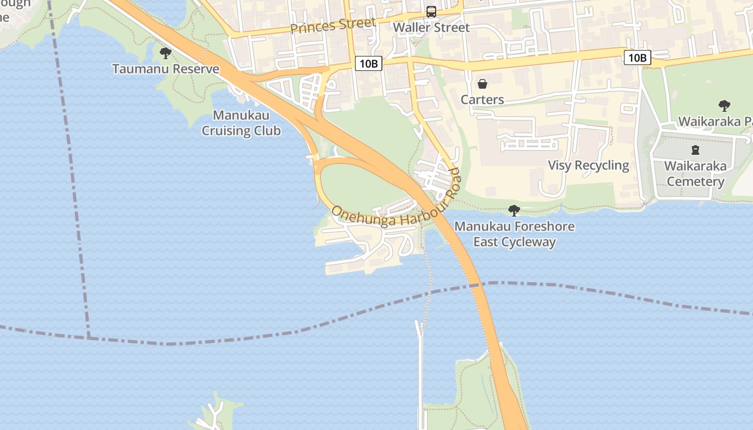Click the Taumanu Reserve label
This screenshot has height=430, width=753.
tap(166, 69)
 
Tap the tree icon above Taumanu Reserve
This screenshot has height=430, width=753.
tap(166, 53)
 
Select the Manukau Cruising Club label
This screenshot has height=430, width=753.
tap(241, 123)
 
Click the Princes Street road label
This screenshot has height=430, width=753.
tap(333, 25)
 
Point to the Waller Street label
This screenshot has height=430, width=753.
tap(431, 27)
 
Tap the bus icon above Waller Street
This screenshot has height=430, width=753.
tap(431, 11)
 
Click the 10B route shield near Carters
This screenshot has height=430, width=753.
tap(368, 63)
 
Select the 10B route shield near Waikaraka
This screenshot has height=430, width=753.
tap(637, 58)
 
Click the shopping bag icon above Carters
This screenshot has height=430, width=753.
tap(482, 84)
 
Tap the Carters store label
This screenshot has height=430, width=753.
tap(482, 99)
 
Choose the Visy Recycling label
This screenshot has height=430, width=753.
tap(588, 165)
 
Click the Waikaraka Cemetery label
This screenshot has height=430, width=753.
tap(695, 174)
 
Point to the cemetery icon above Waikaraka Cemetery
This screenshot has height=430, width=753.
tap(695, 150)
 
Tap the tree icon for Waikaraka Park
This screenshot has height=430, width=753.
tap(724, 105)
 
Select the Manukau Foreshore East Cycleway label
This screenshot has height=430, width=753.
tap(514, 234)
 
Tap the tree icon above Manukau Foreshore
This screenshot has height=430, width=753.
tap(514, 210)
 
